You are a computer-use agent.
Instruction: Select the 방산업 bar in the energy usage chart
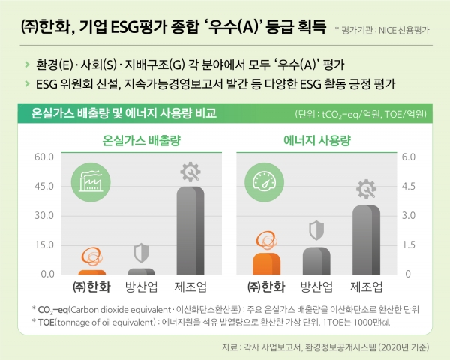pyautogui.click(x=316, y=260)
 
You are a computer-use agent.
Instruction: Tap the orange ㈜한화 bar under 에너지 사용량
pyautogui.click(x=267, y=263)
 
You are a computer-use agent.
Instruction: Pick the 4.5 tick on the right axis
pyautogui.click(x=409, y=187)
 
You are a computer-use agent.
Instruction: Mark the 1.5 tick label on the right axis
pyautogui.click(x=409, y=245)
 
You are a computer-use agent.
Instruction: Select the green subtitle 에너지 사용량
pyautogui.click(x=319, y=140)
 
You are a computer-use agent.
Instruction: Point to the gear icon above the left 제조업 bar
pyautogui.click(x=190, y=172)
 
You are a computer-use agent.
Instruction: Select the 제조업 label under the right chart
pyautogui.click(x=367, y=287)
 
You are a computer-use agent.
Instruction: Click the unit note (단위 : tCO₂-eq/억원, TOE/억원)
pyautogui.click(x=361, y=115)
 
